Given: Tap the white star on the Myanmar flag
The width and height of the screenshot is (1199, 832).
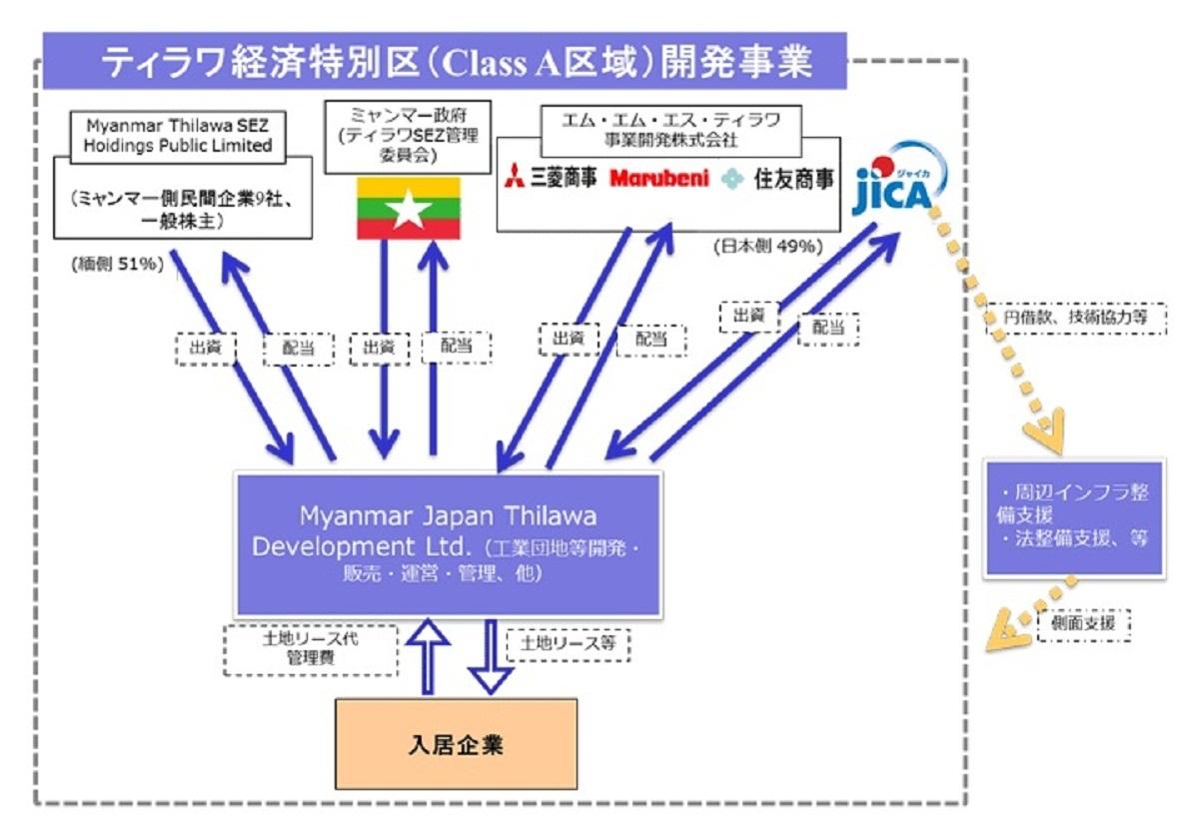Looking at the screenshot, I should point(409,208).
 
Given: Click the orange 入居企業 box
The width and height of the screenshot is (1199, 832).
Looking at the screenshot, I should point(456,744).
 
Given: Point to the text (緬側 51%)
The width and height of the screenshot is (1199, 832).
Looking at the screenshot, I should point(117,265).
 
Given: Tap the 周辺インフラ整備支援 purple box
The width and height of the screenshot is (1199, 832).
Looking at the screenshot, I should point(1074,516).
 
